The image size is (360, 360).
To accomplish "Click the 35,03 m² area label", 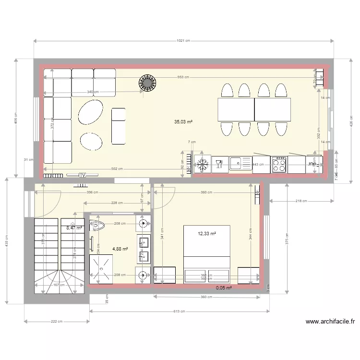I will (x=183, y=122).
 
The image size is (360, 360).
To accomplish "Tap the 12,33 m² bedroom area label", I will (x=207, y=234).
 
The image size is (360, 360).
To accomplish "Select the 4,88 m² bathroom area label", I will (x=120, y=249).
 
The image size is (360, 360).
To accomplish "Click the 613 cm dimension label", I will (x=179, y=312).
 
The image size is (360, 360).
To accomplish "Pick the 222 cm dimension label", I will (x=57, y=322).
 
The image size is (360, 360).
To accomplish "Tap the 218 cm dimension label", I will (x=300, y=201).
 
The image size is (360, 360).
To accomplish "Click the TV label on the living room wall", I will (x=83, y=176).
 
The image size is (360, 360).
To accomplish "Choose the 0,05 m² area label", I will (x=224, y=288).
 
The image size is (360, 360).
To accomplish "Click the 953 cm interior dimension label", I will (x=182, y=77).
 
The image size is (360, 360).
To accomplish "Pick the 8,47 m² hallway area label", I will (x=74, y=228).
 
